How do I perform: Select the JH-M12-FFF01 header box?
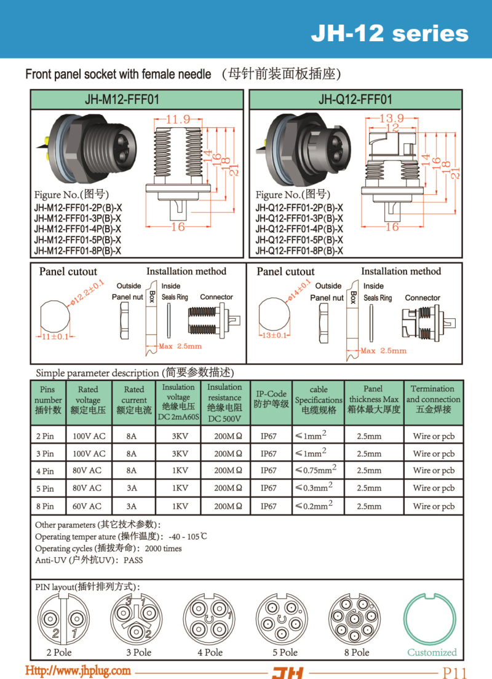(x=138, y=100)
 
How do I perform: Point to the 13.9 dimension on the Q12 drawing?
(x=391, y=118)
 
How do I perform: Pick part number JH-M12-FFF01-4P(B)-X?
(x=77, y=229)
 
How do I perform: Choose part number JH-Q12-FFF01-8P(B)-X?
(x=300, y=251)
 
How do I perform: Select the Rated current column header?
(x=134, y=399)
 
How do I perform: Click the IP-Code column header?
(x=271, y=399)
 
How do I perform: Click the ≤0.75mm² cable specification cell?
(x=315, y=470)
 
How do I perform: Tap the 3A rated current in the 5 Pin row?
(x=131, y=488)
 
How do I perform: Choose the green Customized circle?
(x=431, y=620)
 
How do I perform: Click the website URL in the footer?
(x=77, y=670)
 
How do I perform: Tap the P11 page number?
(x=454, y=672)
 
